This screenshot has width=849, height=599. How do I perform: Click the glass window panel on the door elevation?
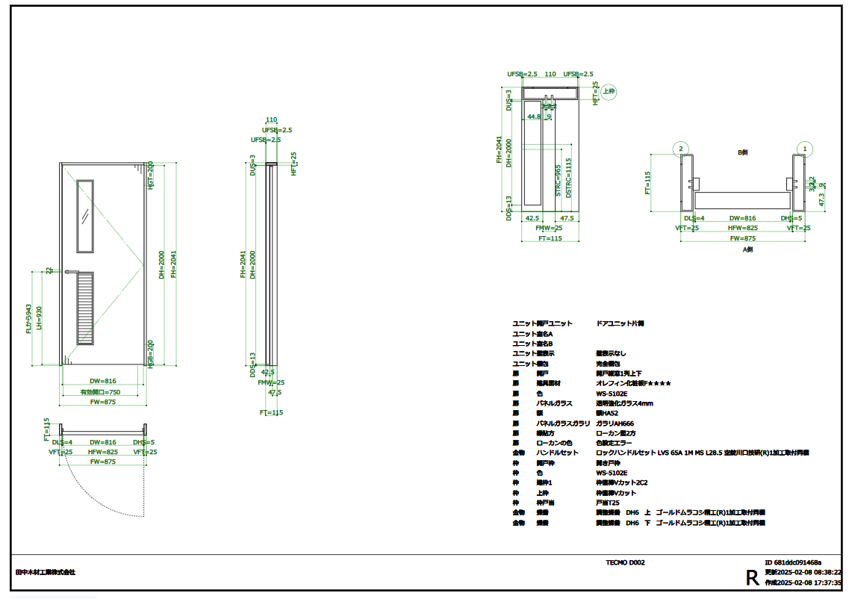[86, 215]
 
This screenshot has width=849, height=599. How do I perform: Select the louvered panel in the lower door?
[86, 308]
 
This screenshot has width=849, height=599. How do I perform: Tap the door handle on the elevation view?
[72, 271]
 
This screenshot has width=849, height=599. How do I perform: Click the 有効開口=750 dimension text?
[100, 392]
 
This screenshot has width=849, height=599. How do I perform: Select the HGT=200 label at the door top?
[150, 174]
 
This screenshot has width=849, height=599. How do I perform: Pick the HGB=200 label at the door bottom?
[150, 351]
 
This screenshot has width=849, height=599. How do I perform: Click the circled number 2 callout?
[680, 149]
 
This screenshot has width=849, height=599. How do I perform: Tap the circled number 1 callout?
[804, 149]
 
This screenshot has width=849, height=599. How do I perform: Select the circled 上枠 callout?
[609, 91]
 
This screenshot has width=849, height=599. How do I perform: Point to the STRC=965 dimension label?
[557, 181]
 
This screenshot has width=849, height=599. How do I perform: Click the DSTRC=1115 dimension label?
[568, 177]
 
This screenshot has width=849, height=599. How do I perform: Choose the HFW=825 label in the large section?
[742, 228]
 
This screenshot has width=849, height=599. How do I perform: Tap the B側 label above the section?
[742, 152]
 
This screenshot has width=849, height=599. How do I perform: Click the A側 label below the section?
[747, 250]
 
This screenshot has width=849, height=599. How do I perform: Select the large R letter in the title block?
[752, 577]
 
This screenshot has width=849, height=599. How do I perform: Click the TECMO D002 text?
[625, 562]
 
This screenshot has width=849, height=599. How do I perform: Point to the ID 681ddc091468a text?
[793, 562]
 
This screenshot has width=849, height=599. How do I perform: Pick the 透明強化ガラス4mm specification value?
[624, 403]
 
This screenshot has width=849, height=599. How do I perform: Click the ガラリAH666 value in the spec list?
[615, 423]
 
